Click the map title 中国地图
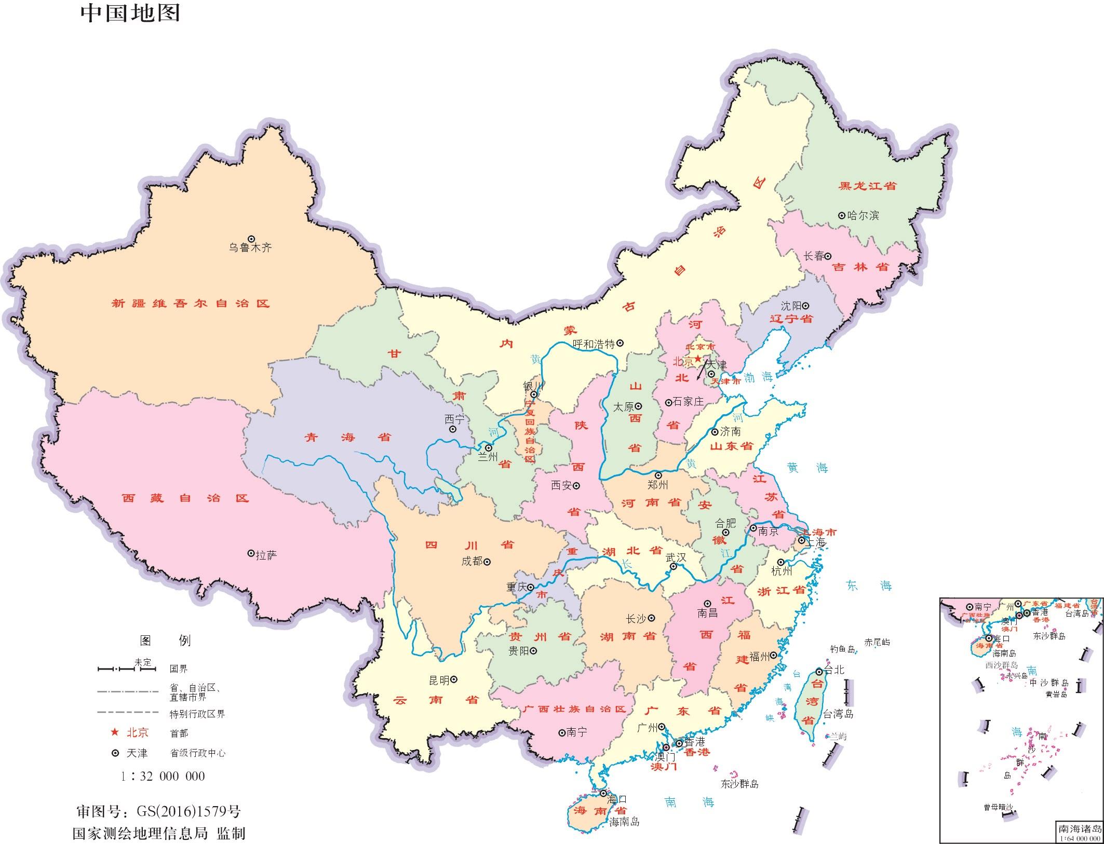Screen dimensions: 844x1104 coord(130,13)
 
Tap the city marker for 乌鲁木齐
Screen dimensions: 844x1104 coord(251,238)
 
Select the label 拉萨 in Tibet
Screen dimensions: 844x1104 coord(266,555)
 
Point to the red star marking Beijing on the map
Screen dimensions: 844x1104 coord(698,359)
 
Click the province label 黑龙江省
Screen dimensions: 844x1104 coord(868,186)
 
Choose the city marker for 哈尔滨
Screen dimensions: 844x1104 coord(842,215)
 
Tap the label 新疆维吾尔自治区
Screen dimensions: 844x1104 coord(191,304)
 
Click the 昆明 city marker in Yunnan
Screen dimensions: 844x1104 coord(453,679)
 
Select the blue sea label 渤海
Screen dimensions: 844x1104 coord(758,377)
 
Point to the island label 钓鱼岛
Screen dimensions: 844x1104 coord(842,649)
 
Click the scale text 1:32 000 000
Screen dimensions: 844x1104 coord(163,776)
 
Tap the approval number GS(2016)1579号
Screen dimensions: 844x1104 coord(189,811)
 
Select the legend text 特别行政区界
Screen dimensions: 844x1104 coord(197,714)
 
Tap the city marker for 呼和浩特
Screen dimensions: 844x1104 coord(620,343)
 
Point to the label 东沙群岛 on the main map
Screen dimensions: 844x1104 coord(739,784)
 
